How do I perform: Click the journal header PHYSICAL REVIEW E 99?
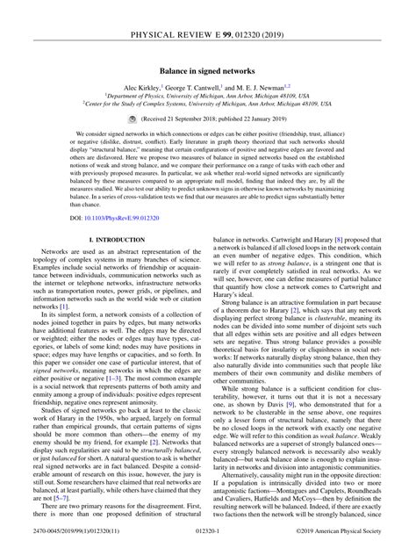(x=207, y=10)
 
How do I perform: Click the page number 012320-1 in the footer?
(x=207, y=544)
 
